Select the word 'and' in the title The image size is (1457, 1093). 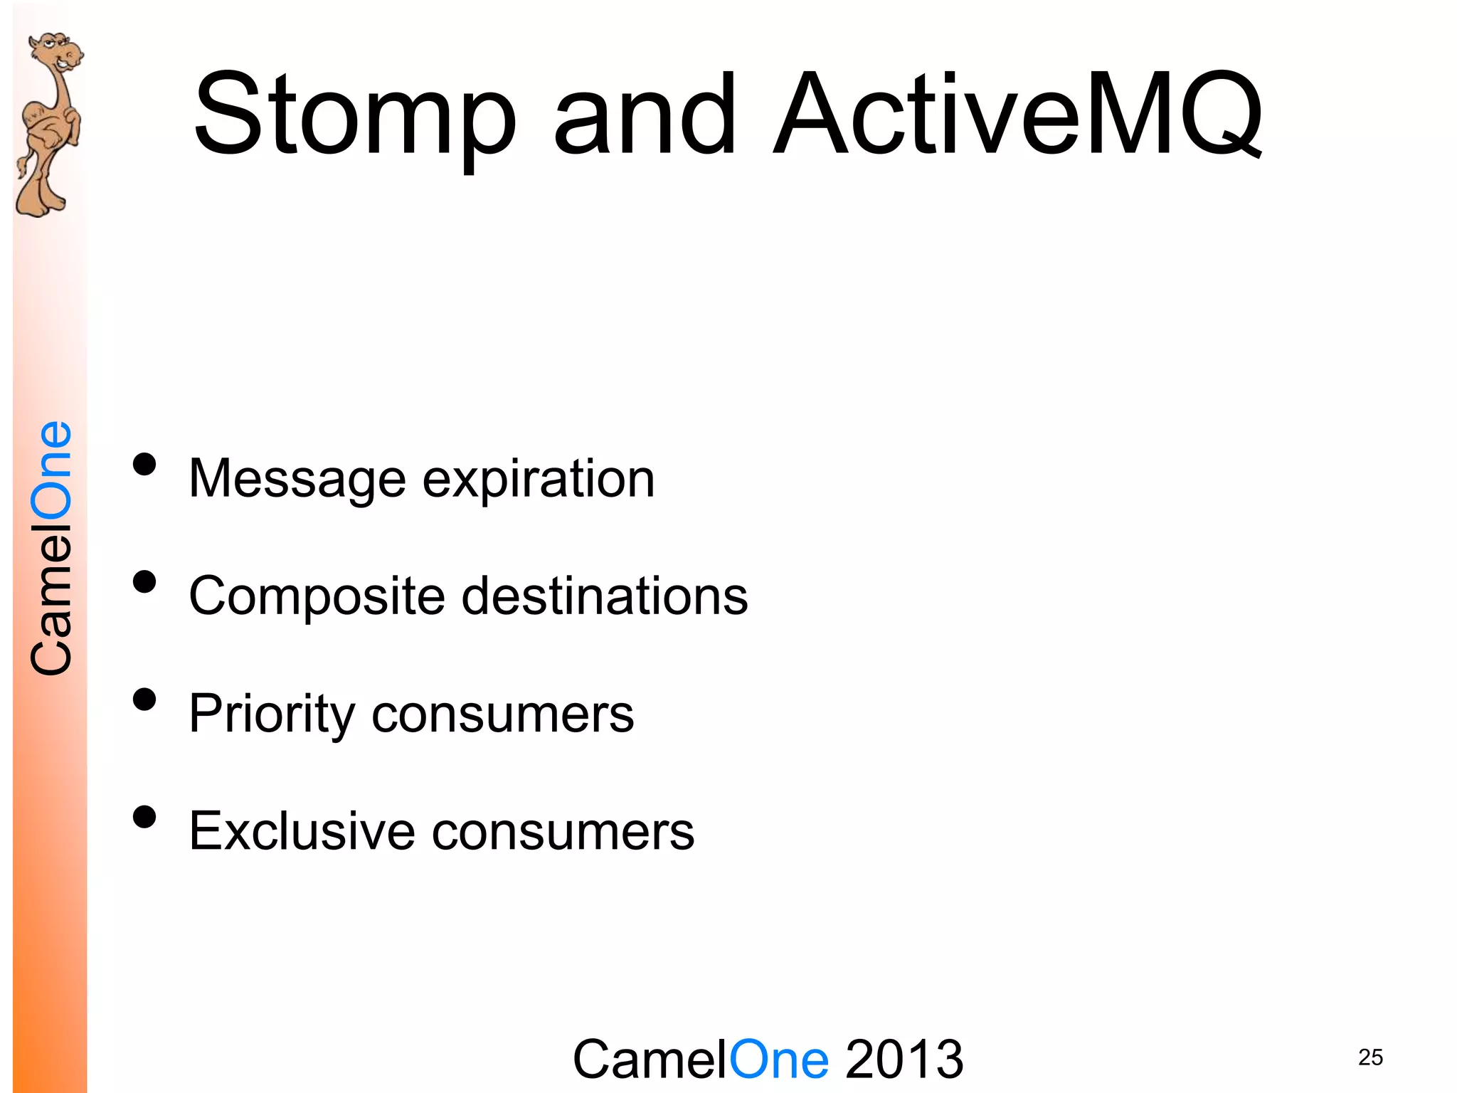pyautogui.click(x=645, y=114)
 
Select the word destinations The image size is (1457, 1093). pyautogui.click(x=605, y=596)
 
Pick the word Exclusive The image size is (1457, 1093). pyautogui.click(x=302, y=831)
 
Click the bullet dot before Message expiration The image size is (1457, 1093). pyautogui.click(x=144, y=465)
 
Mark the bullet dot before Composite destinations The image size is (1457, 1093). pyautogui.click(x=144, y=582)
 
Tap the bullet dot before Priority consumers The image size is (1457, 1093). pyautogui.click(x=144, y=699)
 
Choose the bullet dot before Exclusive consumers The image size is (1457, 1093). pyautogui.click(x=144, y=817)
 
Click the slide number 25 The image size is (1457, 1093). pyautogui.click(x=1370, y=1057)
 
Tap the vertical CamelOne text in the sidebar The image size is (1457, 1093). pyautogui.click(x=51, y=548)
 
